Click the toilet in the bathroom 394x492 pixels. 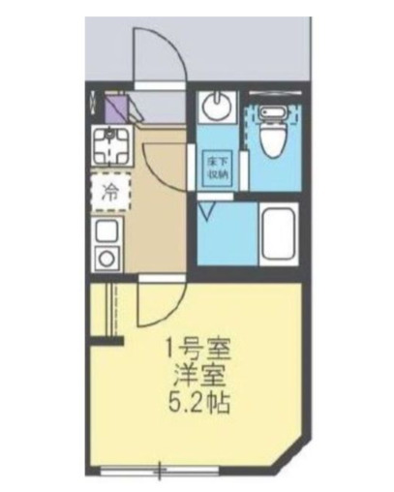274,133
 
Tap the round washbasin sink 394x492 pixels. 218,108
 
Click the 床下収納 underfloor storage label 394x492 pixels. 217,167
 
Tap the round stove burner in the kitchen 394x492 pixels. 105,257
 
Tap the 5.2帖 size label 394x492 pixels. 201,402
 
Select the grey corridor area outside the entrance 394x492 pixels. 252,44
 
